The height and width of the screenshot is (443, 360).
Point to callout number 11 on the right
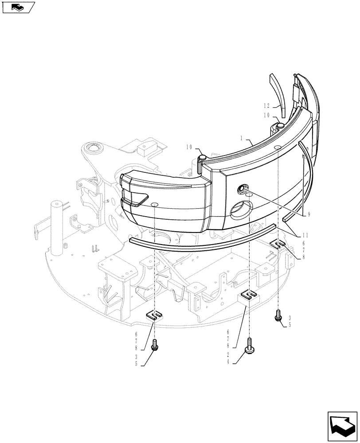305,236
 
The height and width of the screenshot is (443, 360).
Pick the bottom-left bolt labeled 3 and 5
155,345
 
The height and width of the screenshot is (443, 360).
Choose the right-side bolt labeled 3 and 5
279,316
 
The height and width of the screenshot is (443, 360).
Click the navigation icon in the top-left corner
18,7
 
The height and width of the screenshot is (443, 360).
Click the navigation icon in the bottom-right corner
342,426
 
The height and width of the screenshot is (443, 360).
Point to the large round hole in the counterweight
241,208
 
